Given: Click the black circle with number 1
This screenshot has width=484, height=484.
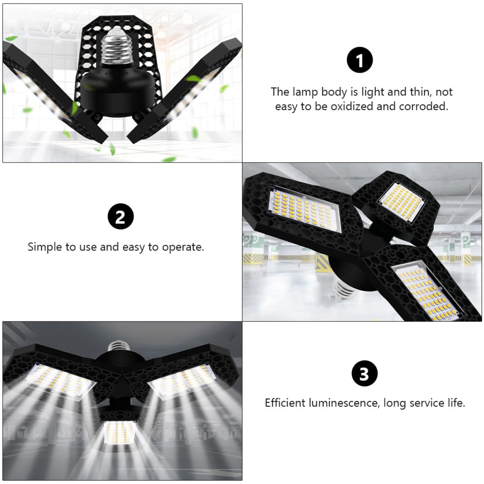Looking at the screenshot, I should click(360, 61).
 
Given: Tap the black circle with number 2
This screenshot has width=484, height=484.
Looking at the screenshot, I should click(120, 218).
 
